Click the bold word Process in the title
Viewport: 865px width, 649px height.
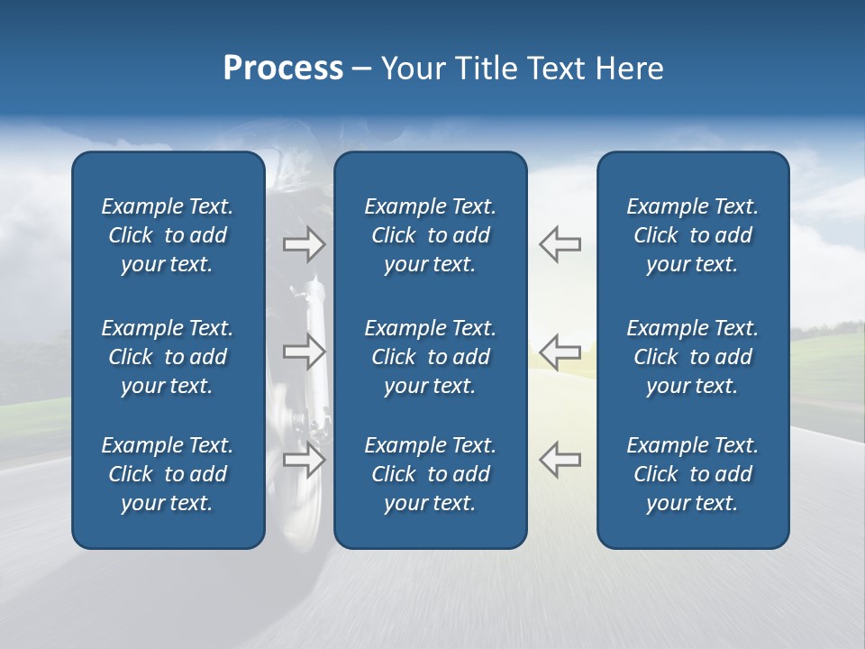click(283, 69)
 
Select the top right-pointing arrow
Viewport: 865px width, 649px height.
click(305, 244)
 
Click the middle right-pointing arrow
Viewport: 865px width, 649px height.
click(305, 352)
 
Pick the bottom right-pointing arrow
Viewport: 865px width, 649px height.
click(305, 460)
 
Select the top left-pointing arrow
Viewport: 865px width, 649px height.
click(560, 244)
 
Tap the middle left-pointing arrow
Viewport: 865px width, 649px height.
click(560, 352)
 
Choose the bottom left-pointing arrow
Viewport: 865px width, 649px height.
click(560, 460)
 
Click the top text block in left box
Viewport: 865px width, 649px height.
click(168, 235)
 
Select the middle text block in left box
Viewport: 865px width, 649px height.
click(168, 357)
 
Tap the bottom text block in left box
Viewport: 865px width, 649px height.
click(168, 474)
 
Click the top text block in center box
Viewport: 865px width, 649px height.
click(430, 235)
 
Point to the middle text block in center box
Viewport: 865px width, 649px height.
click(430, 357)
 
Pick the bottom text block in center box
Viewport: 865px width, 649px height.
click(430, 474)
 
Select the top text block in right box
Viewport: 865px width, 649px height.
click(692, 235)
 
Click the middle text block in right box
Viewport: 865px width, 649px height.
click(692, 357)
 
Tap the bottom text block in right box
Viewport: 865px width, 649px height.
click(692, 474)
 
